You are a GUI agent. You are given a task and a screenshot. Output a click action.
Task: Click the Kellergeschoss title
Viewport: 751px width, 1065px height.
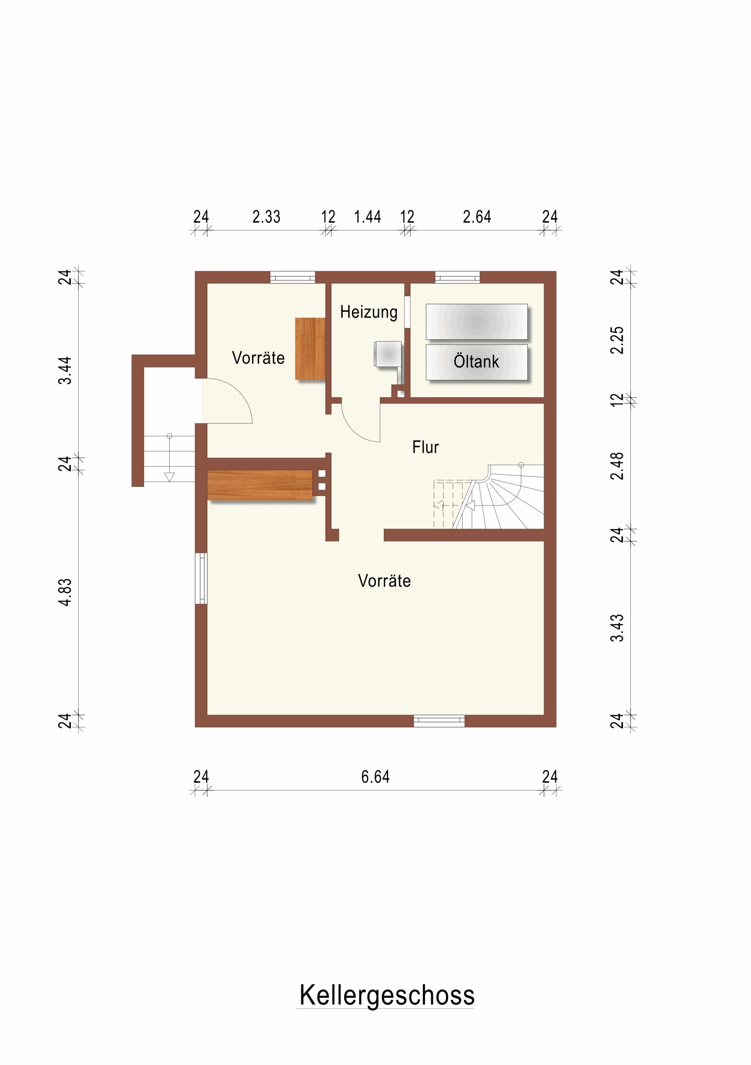pos(387,996)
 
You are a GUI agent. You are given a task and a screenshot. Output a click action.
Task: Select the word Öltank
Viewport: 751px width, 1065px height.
pos(476,362)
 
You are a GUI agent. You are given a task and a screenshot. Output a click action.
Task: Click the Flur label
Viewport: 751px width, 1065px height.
pos(425,447)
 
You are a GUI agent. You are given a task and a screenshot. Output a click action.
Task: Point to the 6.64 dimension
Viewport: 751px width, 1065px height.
pos(375,777)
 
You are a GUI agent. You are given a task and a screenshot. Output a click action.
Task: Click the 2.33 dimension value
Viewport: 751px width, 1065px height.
pos(266,217)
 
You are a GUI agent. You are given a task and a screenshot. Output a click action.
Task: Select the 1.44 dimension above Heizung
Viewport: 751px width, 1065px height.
pos(367,217)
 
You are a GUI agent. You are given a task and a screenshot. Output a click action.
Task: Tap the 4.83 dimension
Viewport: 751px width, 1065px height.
pos(65,592)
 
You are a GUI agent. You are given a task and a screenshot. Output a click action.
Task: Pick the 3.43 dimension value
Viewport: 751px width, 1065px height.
pos(617,628)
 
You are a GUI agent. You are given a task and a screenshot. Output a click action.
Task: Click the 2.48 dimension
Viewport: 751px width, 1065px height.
pos(617,466)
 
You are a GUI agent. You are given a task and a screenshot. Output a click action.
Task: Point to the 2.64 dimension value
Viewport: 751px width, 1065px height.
pos(477,217)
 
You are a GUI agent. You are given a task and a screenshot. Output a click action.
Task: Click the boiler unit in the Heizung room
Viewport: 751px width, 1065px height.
pos(388,354)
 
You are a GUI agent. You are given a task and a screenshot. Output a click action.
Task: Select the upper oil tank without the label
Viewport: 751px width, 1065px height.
pos(477,322)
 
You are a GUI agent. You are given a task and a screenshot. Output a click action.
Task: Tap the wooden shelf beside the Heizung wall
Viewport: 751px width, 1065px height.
pos(310,349)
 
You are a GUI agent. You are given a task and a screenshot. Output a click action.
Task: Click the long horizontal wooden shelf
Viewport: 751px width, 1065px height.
pos(260,485)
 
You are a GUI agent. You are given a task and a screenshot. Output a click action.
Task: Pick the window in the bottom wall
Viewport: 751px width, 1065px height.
pos(439,721)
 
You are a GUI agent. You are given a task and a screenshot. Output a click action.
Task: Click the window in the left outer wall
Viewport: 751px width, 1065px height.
pos(201,578)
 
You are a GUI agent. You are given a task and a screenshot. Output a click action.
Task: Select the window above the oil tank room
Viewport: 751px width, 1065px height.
pos(457,277)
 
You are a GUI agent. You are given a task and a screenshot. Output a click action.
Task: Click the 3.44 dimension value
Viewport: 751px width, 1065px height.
pos(65,371)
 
